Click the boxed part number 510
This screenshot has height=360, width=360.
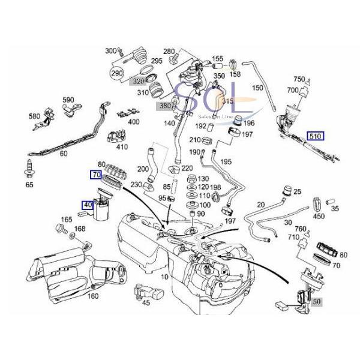pos(315,136)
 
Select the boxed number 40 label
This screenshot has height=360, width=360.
pos(88,205)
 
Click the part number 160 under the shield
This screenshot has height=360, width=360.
pos(92,295)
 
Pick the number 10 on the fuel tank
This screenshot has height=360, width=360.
pos(165,277)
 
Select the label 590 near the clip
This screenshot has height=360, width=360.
pos(68,100)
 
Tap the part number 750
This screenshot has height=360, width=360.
pos(299,80)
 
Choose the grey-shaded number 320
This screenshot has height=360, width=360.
pos(139,82)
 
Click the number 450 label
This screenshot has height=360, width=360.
pos(319,217)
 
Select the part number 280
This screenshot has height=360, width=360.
pos(170,51)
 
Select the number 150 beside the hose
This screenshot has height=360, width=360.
pos(257,88)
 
